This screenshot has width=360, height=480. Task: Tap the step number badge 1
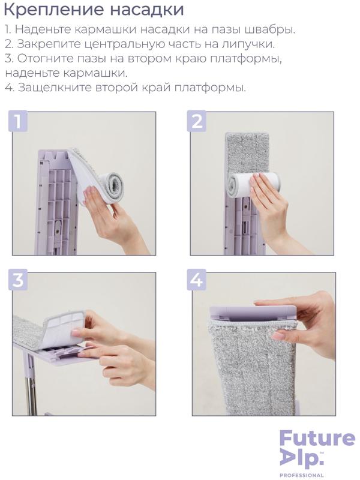click(x=19, y=122)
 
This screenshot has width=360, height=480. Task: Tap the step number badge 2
click(x=197, y=122)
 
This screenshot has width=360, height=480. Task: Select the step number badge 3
click(x=19, y=282)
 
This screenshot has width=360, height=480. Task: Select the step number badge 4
click(x=197, y=282)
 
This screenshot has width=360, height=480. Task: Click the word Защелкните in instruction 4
click(x=56, y=88)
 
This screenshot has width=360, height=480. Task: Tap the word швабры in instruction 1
click(x=271, y=29)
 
